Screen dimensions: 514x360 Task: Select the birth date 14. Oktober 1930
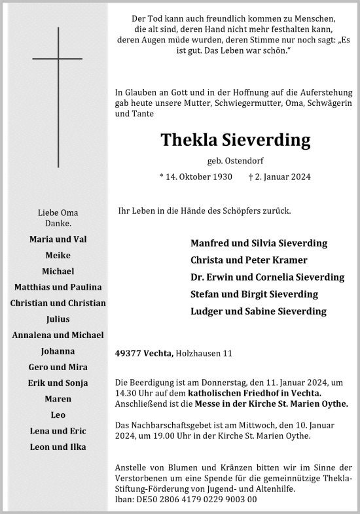point(196,177)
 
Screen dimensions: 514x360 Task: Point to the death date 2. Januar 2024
point(279,177)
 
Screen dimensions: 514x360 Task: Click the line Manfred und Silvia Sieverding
point(259,243)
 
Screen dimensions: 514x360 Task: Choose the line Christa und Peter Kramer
point(248,260)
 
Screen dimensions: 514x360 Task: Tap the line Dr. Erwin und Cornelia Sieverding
point(267,277)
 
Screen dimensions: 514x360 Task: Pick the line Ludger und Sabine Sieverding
point(258,311)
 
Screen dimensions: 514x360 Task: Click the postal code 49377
point(129,354)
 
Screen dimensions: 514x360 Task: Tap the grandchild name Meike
point(58,255)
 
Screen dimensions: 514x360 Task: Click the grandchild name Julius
point(58,319)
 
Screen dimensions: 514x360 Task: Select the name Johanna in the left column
point(58,351)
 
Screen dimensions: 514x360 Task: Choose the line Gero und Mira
point(58,367)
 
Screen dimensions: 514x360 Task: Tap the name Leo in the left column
point(58,415)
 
